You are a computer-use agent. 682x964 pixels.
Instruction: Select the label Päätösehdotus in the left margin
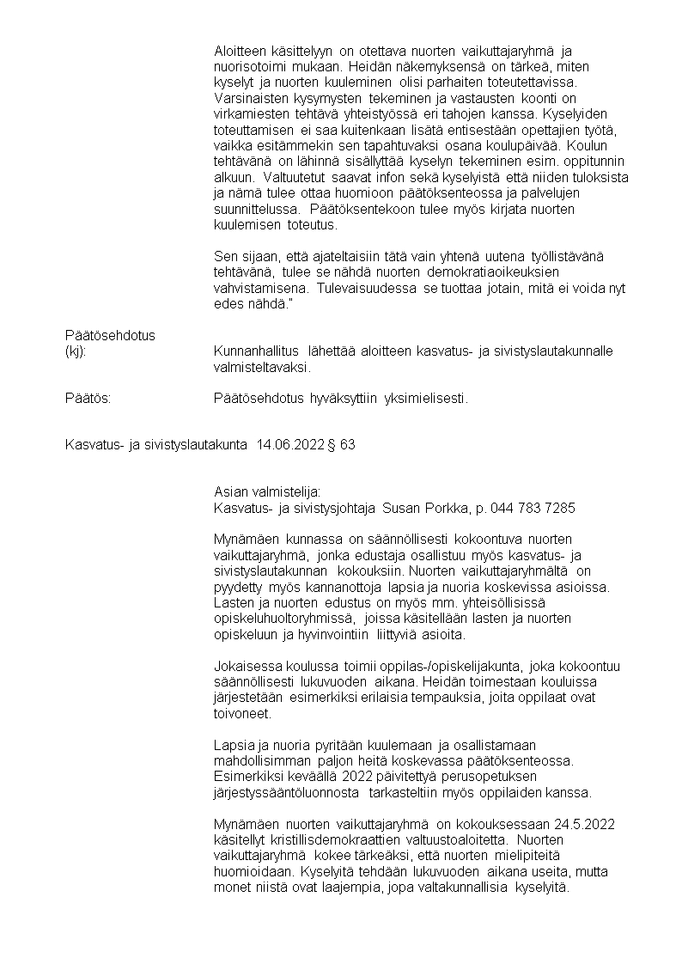point(110,335)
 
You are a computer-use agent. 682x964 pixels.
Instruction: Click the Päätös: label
point(88,399)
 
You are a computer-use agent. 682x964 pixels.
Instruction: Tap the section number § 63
point(341,445)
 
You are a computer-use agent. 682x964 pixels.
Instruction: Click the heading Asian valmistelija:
point(266,492)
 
